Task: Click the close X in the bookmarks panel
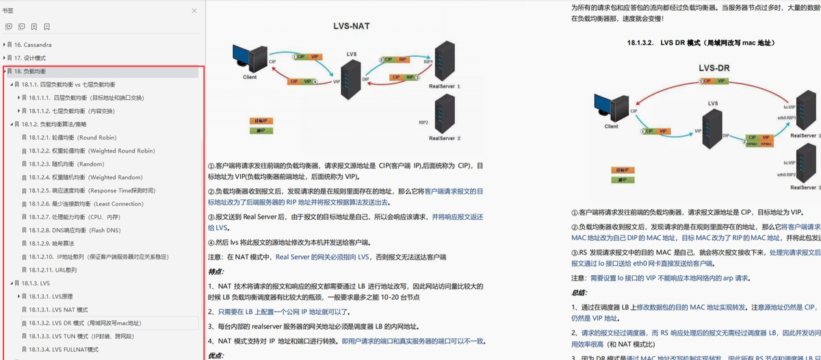194,11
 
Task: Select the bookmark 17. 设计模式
30,57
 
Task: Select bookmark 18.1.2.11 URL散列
53,270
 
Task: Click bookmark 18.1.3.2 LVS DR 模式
85,322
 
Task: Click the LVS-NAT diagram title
352,25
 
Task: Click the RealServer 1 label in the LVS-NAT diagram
445,87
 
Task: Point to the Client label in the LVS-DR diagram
611,126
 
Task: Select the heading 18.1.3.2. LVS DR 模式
701,42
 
